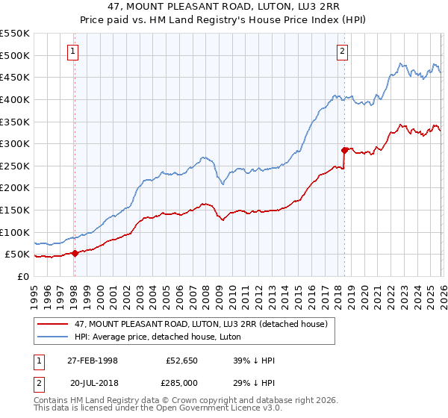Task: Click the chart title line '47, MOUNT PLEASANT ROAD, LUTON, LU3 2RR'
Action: pyautogui.click(x=224, y=7)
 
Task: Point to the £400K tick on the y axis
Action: pyautogui.click(x=15, y=99)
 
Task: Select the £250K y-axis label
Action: pyautogui.click(x=15, y=166)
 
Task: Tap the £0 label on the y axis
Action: pyautogui.click(x=24, y=276)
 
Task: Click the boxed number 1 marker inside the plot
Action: pyautogui.click(x=73, y=52)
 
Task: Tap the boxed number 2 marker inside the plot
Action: pyautogui.click(x=342, y=52)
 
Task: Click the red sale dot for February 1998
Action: pyautogui.click(x=75, y=253)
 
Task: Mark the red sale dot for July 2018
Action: pyautogui.click(x=344, y=150)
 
